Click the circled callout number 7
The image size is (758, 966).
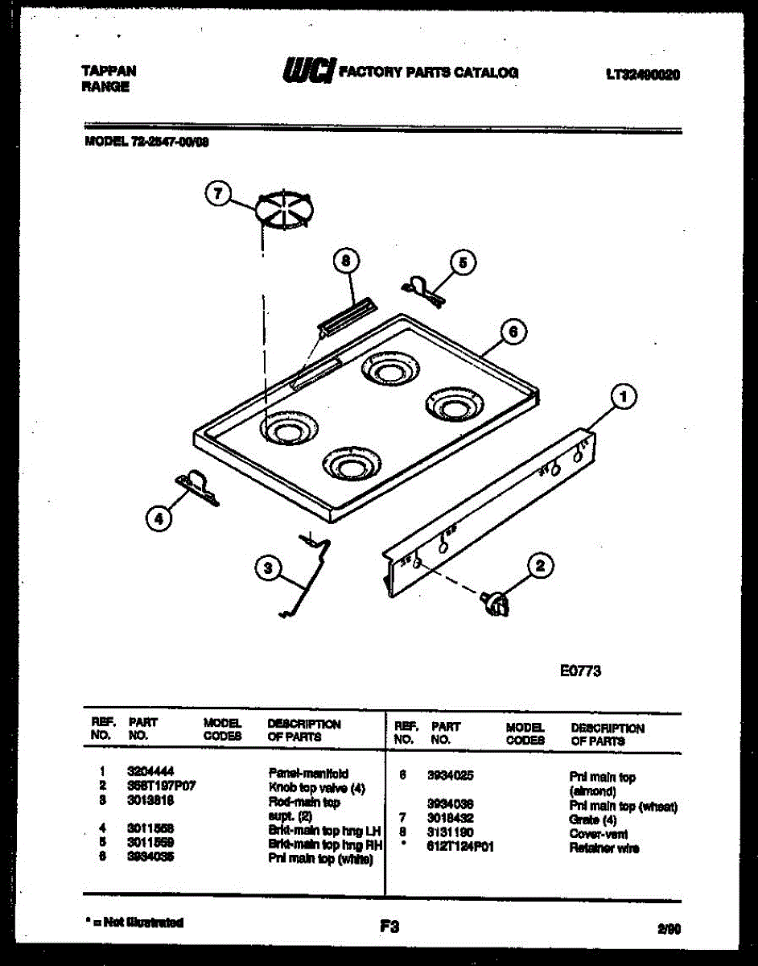click(218, 194)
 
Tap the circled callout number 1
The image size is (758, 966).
click(623, 396)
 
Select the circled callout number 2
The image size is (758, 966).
click(539, 566)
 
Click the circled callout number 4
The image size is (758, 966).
click(159, 519)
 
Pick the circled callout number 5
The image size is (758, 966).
click(462, 262)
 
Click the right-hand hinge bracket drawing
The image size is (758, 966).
click(423, 289)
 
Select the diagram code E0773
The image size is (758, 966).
click(580, 671)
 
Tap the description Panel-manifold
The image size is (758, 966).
click(308, 773)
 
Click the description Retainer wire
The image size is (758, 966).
click(604, 848)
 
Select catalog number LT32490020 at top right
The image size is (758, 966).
click(642, 75)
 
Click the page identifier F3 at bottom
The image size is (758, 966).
click(389, 927)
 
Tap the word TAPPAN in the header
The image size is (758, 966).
click(109, 71)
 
